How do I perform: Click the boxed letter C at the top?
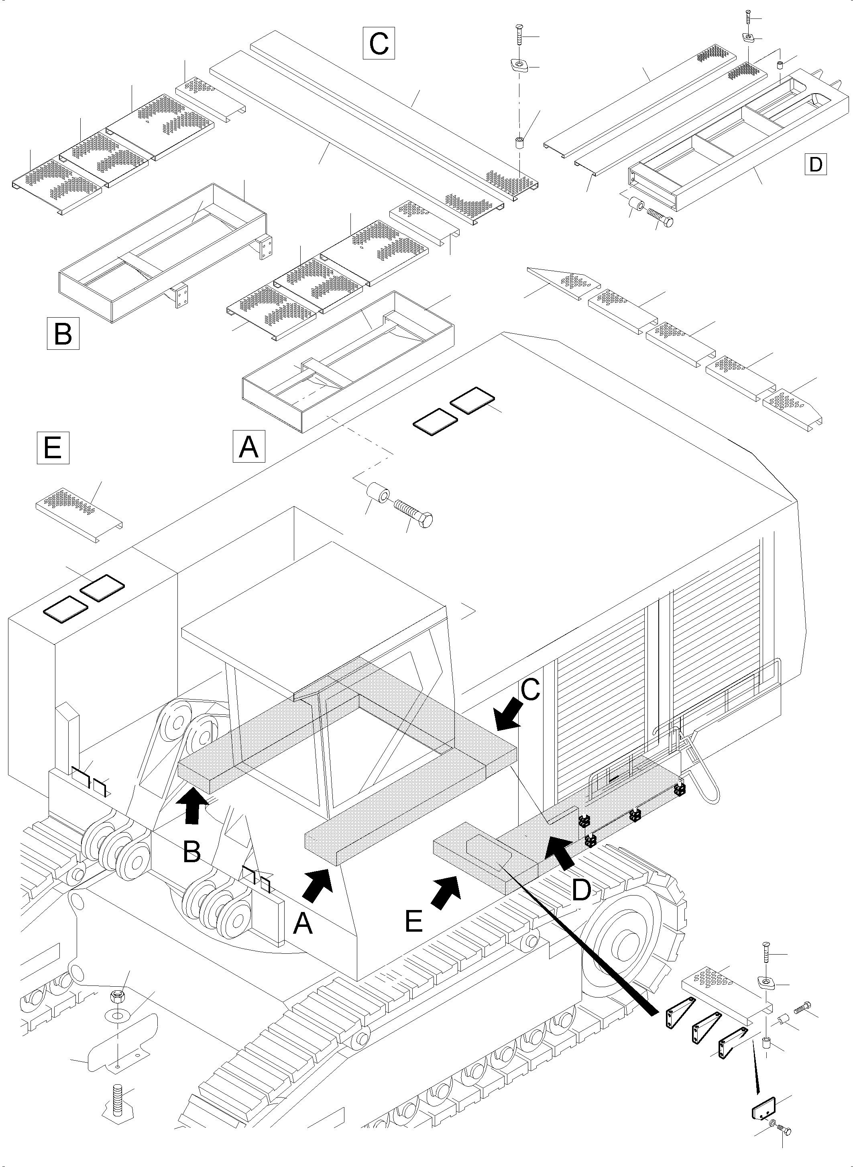[379, 43]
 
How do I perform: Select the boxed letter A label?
[249, 446]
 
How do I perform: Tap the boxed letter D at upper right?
[815, 164]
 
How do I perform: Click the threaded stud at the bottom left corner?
[117, 1099]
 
